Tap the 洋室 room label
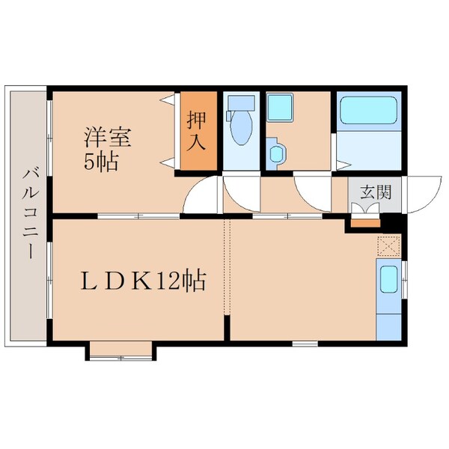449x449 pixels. (108, 138)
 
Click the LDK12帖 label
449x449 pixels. (143, 282)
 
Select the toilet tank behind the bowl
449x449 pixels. (241, 103)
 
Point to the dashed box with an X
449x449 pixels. (388, 245)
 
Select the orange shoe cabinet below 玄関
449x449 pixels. (365, 221)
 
